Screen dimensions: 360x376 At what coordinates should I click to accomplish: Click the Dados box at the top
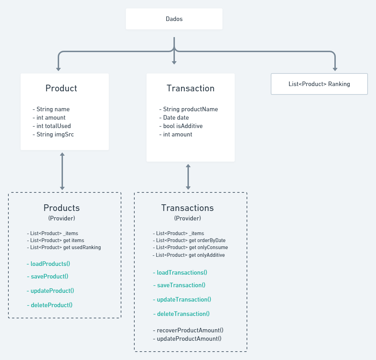(174, 19)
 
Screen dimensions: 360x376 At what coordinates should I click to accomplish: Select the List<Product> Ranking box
(319, 84)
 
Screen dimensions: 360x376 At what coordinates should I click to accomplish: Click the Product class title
(61, 88)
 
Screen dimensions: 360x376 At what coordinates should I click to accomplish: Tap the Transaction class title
(191, 88)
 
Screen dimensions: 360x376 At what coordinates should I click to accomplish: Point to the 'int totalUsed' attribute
(52, 126)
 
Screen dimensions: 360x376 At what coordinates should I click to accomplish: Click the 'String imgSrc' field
(53, 134)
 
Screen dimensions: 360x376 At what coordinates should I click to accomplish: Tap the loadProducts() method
(51, 264)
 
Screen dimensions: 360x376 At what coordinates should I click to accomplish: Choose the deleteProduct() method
(50, 305)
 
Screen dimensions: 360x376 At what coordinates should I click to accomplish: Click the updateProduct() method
(50, 291)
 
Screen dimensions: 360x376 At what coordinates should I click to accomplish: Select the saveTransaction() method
(179, 285)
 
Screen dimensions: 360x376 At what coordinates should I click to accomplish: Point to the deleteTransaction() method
(181, 314)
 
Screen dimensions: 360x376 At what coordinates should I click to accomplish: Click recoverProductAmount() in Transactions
(188, 330)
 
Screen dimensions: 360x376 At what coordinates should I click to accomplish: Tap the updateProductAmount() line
(187, 339)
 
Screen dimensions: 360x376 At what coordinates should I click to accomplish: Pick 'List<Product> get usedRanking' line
(64, 247)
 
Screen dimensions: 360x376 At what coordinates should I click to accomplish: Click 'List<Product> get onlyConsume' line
(190, 247)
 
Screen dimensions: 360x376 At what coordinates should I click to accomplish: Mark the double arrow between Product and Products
(62, 171)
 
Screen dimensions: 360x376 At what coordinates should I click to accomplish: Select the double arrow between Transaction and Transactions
(188, 177)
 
